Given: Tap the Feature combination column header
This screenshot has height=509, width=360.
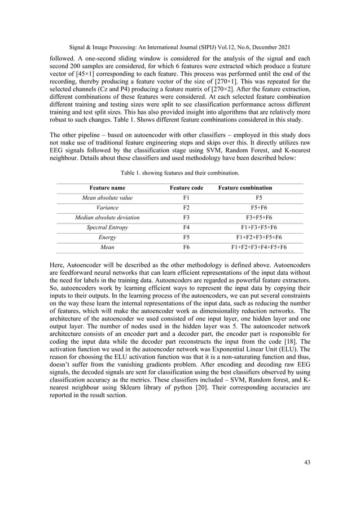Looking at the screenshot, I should tap(245, 187).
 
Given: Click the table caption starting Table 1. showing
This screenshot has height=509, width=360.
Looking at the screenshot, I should tap(179, 172).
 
